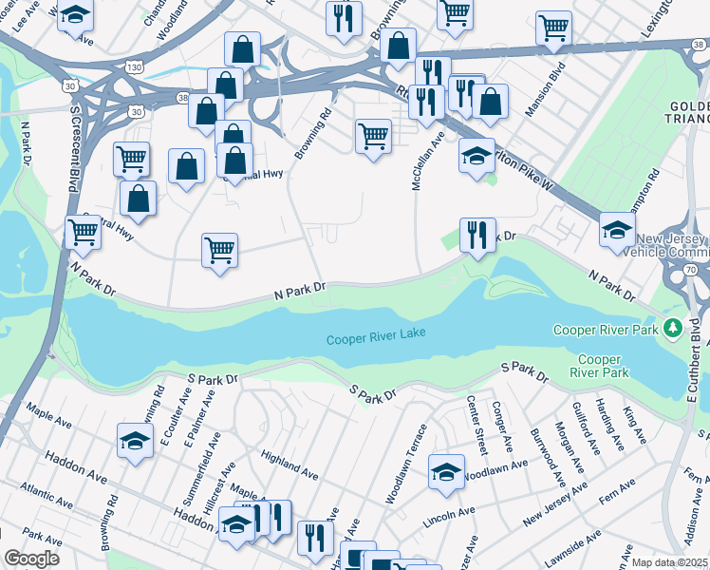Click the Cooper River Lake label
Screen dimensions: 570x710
(376, 337)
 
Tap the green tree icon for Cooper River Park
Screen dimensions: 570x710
(673, 329)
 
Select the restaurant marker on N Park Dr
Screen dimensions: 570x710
(477, 235)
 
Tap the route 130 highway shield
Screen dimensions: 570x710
(136, 66)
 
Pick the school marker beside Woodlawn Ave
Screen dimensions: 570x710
(446, 472)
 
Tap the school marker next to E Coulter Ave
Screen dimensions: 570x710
(135, 441)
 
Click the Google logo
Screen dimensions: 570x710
(31, 559)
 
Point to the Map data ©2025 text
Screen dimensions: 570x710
(669, 562)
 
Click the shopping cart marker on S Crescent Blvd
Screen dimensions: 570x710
(84, 230)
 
